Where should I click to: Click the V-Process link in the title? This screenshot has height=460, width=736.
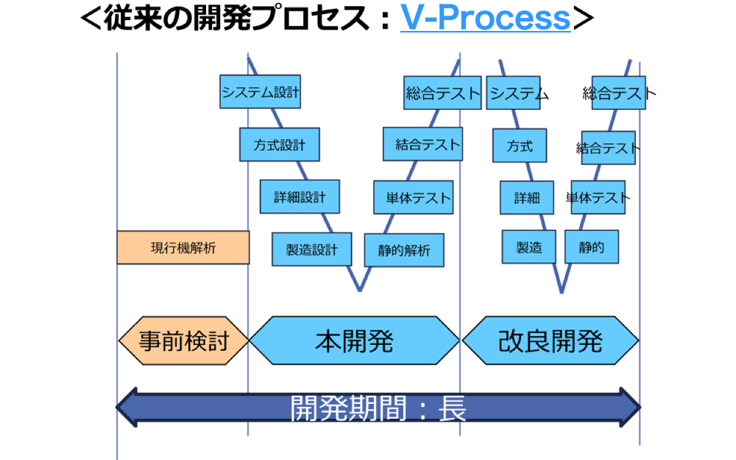(485, 18)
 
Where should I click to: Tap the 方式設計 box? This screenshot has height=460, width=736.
(279, 144)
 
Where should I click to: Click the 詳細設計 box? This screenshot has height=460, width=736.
(300, 197)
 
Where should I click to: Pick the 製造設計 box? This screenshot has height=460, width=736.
(311, 249)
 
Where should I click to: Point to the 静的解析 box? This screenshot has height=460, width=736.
(404, 250)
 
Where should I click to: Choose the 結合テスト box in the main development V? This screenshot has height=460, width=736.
(422, 144)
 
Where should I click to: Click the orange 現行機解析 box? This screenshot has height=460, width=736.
(183, 248)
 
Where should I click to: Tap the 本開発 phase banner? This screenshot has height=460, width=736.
(354, 341)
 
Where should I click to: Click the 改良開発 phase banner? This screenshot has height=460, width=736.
(550, 341)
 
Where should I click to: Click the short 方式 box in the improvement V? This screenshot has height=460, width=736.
(520, 145)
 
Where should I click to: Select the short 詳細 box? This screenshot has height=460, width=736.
(527, 198)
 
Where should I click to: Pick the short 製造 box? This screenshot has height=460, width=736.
(529, 247)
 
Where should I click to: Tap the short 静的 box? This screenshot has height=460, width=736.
(592, 247)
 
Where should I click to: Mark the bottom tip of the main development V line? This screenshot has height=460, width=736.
(360, 290)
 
